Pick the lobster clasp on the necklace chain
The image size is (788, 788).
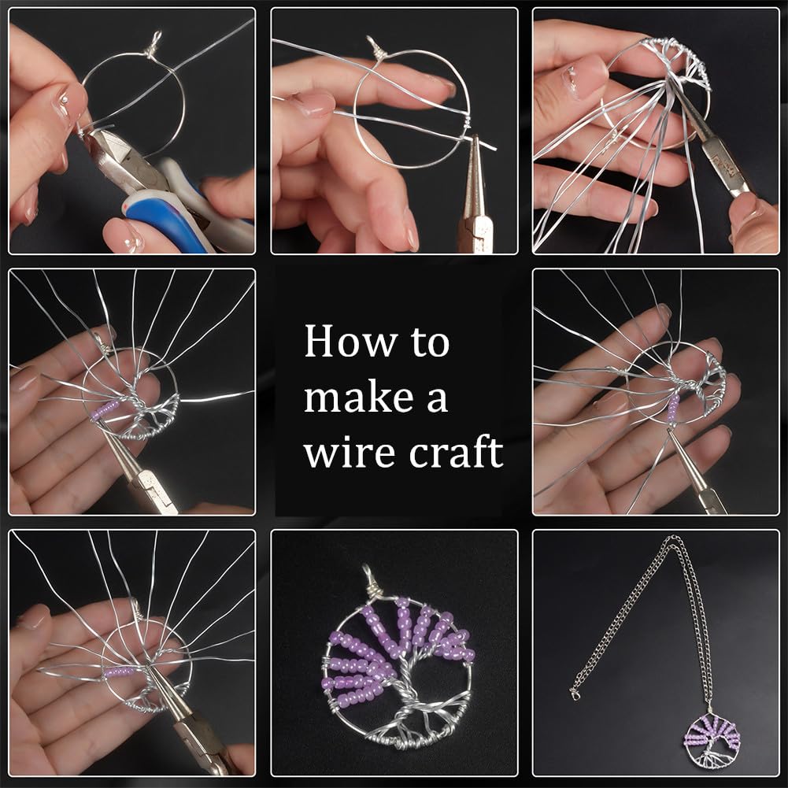[575, 694]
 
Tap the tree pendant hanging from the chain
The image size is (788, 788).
[712, 735]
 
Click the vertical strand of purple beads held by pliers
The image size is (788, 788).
[673, 408]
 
